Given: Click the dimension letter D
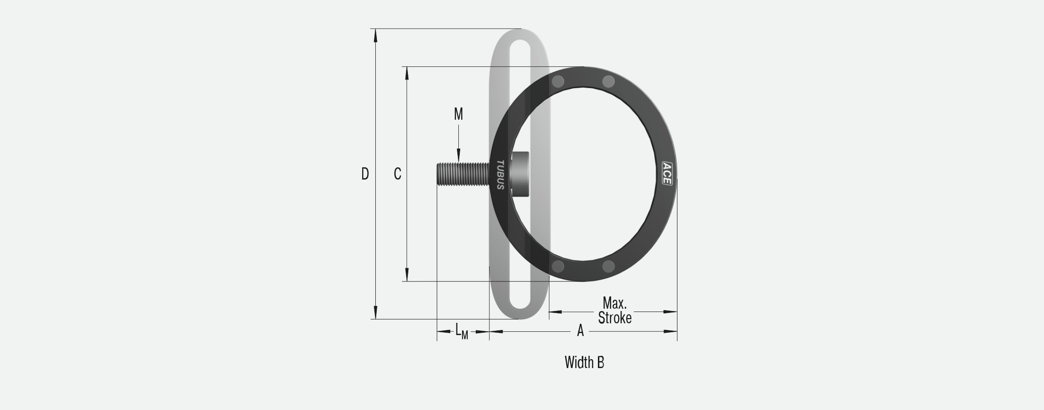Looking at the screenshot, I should click(365, 174).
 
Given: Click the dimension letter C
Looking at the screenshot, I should click(398, 174).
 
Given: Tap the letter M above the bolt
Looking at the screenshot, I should click(458, 114).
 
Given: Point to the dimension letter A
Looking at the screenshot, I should click(580, 331).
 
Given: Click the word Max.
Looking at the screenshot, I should click(614, 303).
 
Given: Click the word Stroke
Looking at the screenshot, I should click(614, 318).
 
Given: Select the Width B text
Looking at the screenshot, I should click(584, 362).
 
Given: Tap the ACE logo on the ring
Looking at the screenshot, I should click(667, 173).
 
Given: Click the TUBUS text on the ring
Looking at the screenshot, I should click(500, 175).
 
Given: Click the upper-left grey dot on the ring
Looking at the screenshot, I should click(558, 82).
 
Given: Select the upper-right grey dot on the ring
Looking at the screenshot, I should click(609, 82).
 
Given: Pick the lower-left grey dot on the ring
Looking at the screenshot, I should click(558, 267).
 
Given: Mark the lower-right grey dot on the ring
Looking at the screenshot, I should click(609, 267).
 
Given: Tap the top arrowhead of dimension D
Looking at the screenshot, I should click(376, 35).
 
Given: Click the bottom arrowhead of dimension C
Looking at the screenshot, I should click(407, 275).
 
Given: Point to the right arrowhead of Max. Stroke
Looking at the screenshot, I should click(671, 312).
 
